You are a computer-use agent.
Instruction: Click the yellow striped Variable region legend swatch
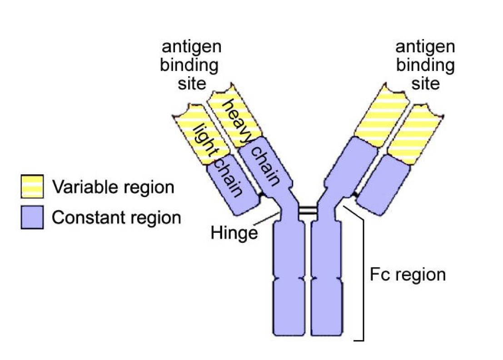[x=32, y=187]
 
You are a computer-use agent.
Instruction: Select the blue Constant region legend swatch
[x=32, y=217]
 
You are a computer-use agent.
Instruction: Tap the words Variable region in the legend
[x=113, y=187]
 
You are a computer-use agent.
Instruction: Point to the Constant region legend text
[x=116, y=217]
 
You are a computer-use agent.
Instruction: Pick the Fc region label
[x=406, y=275]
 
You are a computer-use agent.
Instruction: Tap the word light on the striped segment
[x=200, y=136]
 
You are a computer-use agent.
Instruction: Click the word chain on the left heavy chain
[x=265, y=166]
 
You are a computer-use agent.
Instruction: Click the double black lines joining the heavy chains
[x=307, y=211]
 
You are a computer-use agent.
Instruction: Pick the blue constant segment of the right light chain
[x=388, y=186]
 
